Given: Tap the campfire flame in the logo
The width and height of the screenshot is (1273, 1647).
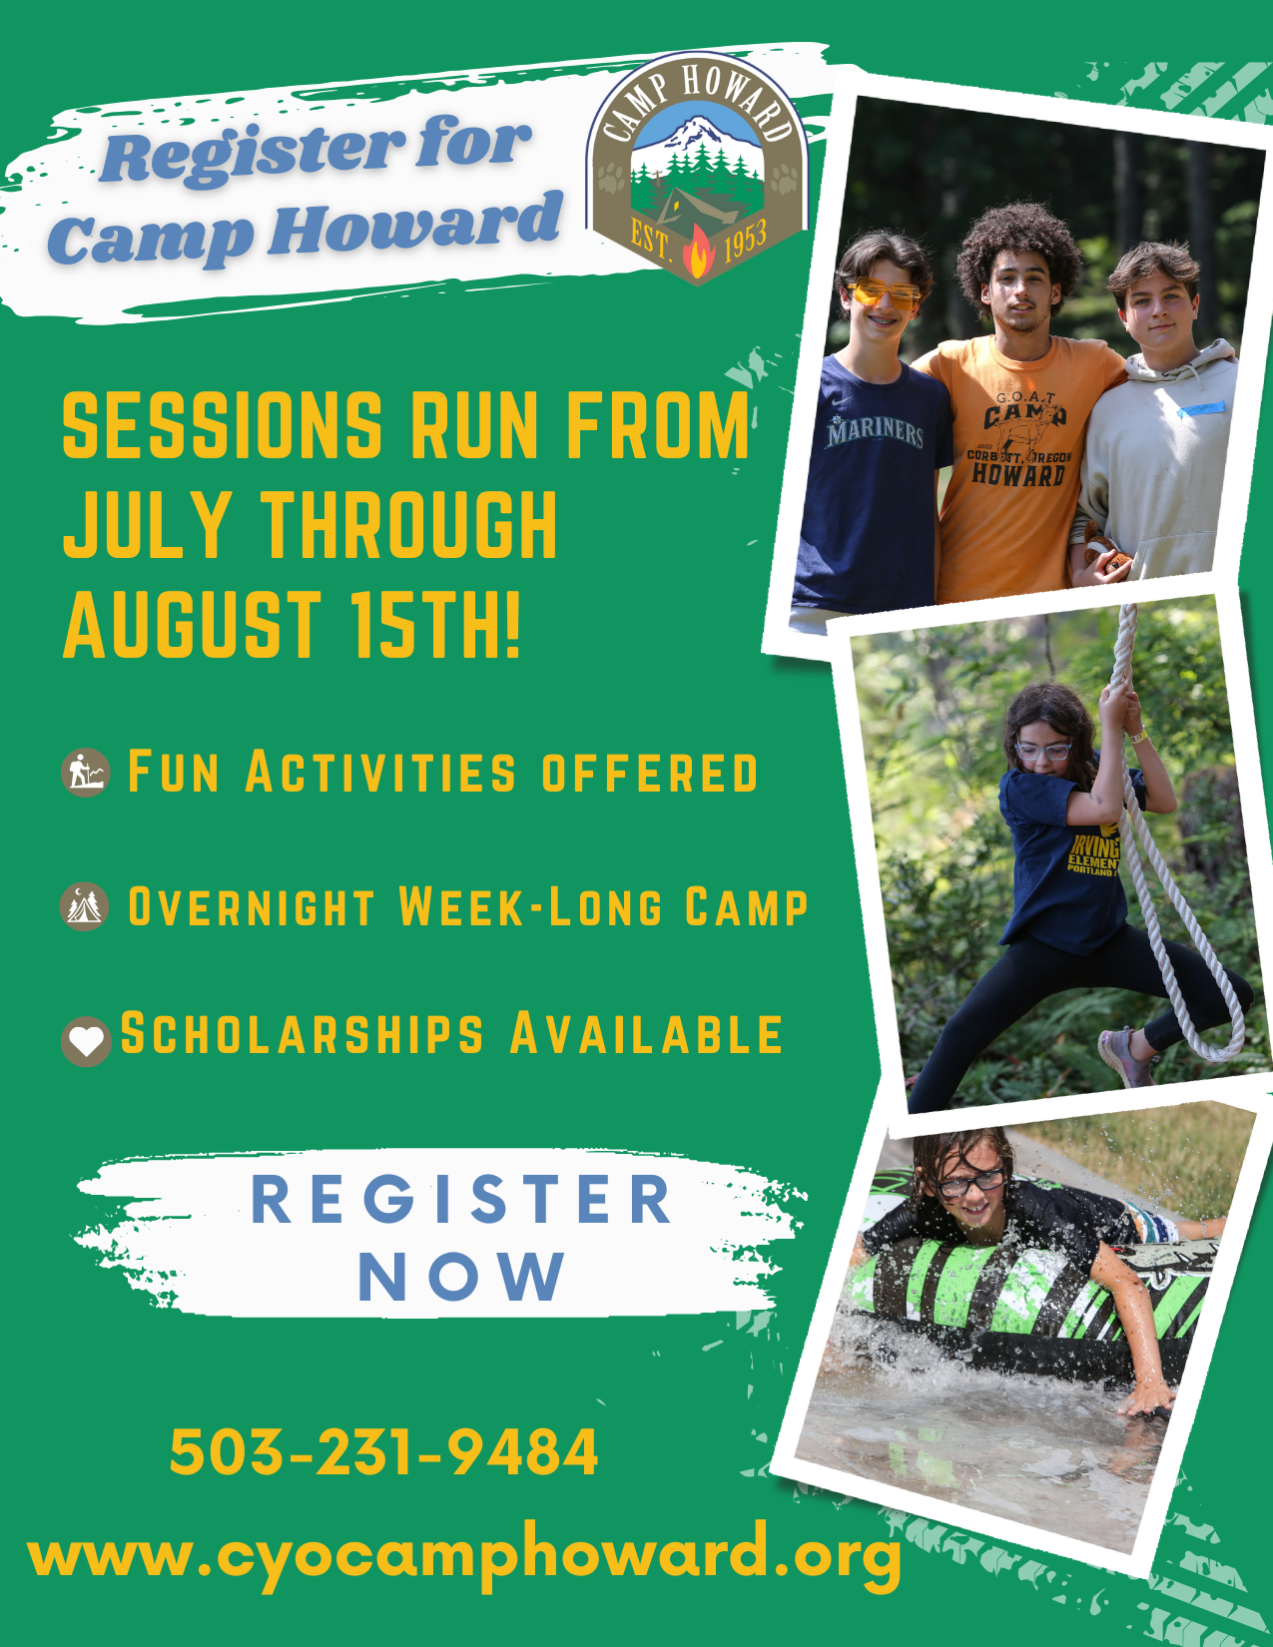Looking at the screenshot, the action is point(698,254).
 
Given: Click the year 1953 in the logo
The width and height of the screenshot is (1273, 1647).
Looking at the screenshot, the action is point(745,241).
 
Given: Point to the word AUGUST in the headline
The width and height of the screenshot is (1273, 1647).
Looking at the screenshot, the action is point(192,625).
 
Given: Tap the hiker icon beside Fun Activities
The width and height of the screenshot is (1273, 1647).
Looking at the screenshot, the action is point(86,772).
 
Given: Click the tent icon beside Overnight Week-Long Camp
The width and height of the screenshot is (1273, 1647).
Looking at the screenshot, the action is point(85,905).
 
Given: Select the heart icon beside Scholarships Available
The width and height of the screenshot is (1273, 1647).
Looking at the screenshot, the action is point(86,1041).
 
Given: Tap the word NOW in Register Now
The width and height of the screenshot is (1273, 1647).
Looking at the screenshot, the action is point(461,1277).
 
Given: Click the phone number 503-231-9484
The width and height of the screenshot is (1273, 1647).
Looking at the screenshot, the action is point(383,1452).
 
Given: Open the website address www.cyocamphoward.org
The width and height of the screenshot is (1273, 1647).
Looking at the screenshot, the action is point(464,1558).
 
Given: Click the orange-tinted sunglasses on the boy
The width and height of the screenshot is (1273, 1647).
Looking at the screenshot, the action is point(884,292).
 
